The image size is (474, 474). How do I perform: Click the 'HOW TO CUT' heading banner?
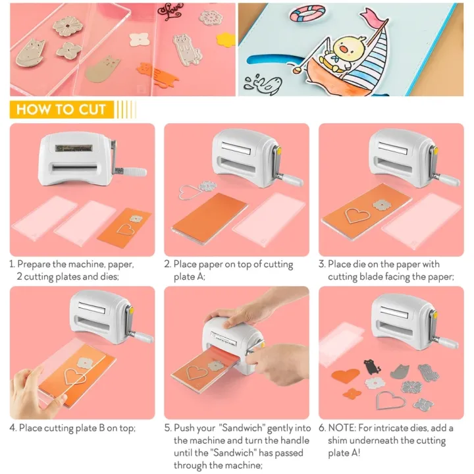coord(61,109)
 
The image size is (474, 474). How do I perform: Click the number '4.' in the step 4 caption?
coord(13,428)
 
